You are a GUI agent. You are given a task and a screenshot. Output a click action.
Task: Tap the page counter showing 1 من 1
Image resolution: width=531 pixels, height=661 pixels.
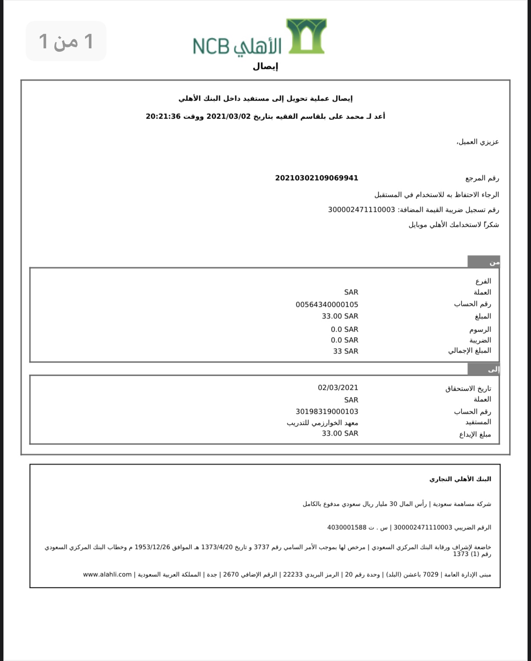click(66, 41)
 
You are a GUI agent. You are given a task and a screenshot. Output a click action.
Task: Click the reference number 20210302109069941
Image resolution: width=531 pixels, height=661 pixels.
click(316, 178)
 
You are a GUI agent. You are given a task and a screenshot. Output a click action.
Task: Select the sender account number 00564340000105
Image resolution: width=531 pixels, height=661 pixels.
click(327, 305)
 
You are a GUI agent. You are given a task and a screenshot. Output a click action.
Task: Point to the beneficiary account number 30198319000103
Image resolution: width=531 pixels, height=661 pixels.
click(327, 412)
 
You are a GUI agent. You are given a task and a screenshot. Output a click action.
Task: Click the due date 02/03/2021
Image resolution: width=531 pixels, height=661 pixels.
click(338, 388)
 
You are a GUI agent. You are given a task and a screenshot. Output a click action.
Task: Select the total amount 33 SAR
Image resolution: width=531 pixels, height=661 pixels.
click(345, 351)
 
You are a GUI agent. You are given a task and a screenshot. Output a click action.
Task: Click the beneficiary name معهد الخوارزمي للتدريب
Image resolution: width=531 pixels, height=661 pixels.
click(322, 423)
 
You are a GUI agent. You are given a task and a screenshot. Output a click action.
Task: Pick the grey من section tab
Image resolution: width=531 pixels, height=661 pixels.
click(484, 262)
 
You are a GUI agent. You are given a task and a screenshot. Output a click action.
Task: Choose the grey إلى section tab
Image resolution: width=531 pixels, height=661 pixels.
click(484, 369)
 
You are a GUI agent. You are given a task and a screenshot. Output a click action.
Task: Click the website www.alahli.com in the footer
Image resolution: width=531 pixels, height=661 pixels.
click(107, 575)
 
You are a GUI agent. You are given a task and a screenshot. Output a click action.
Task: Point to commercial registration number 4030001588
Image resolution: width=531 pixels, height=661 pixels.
click(347, 528)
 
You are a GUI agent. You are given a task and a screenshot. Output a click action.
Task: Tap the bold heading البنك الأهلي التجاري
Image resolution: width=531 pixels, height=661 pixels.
click(460, 479)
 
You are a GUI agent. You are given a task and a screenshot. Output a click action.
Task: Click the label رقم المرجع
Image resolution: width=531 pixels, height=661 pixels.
click(482, 178)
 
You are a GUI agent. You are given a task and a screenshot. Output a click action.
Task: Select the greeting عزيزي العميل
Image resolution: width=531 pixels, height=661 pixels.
click(478, 142)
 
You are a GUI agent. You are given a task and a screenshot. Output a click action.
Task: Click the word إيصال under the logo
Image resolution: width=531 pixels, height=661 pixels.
click(265, 66)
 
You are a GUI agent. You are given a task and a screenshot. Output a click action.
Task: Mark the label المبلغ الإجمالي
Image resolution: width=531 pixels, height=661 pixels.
click(469, 351)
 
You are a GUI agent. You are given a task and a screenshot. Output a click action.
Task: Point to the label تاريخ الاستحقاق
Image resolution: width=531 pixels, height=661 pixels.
click(468, 388)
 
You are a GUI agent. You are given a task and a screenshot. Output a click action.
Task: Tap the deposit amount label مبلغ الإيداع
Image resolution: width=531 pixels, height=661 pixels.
click(475, 435)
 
